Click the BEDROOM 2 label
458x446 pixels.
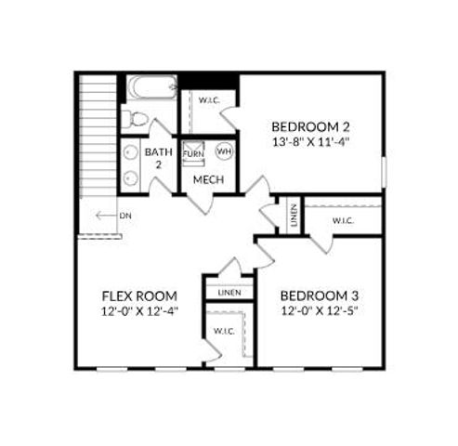coord(310,127)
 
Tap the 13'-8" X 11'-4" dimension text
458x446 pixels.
coord(310,143)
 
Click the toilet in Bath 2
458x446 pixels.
coord(136,118)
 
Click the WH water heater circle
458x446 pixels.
coord(224,151)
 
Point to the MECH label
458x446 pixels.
coord(208,178)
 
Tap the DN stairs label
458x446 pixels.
coord(124,216)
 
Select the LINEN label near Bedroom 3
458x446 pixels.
coord(229,293)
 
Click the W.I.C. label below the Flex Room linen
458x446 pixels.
coord(224,331)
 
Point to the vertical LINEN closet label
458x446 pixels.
coord(294,215)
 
